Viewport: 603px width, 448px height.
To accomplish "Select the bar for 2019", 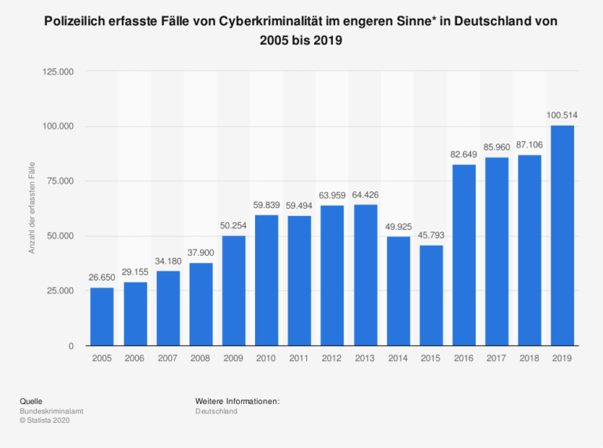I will point(562,235).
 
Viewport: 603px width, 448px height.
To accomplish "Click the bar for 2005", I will point(102,316).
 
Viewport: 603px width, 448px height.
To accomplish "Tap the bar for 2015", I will point(431,296).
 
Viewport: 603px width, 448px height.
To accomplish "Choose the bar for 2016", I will point(464,255).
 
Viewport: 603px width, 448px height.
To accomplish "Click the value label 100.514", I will point(562,115).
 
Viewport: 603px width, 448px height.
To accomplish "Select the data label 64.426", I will point(365,195).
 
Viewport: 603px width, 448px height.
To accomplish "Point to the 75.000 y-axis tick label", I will point(60,181).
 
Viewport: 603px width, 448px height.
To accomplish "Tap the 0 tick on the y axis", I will point(71,346).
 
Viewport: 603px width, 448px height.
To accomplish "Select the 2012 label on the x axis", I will point(332,358).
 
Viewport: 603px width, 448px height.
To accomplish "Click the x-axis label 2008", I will point(201,358).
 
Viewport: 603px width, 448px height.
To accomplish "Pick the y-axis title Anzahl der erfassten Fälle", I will point(32,209).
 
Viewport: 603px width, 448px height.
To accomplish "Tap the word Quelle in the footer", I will point(31,402).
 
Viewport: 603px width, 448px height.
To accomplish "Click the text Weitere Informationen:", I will point(238,402).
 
